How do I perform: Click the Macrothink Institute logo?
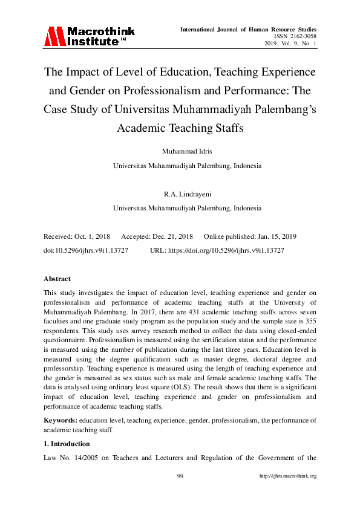pos(89,36)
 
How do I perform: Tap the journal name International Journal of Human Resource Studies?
pos(248,29)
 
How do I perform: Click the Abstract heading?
pos(57,279)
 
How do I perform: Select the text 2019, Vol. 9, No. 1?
pos(290,44)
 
